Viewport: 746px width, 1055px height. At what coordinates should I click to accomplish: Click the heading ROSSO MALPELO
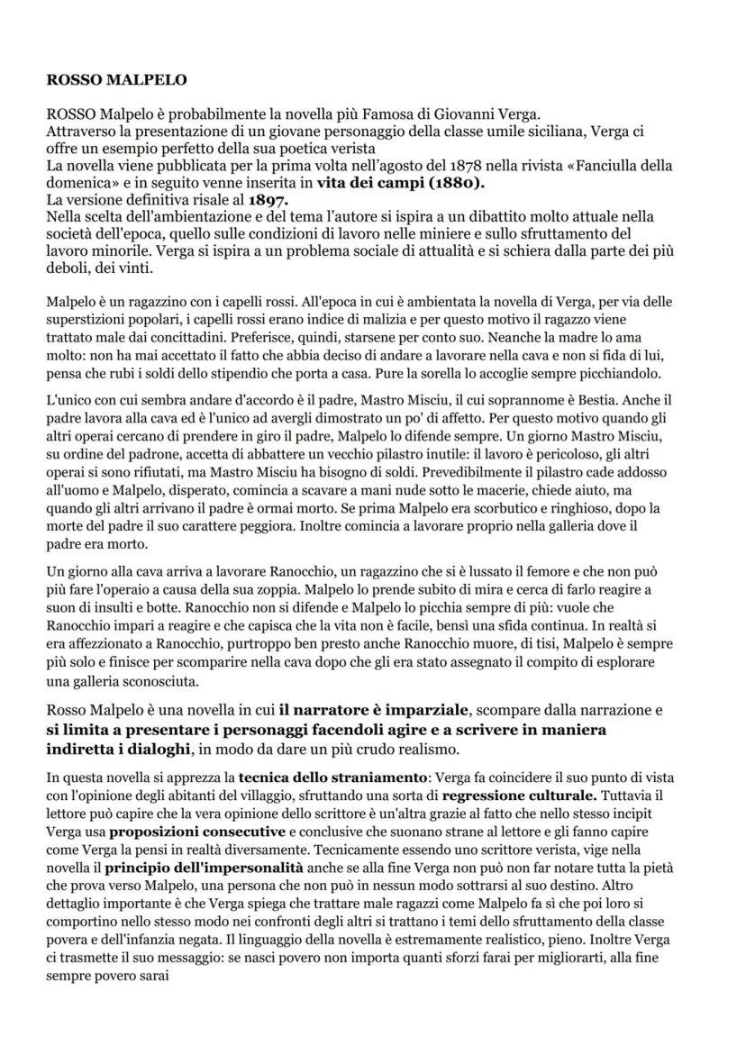coord(116,80)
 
